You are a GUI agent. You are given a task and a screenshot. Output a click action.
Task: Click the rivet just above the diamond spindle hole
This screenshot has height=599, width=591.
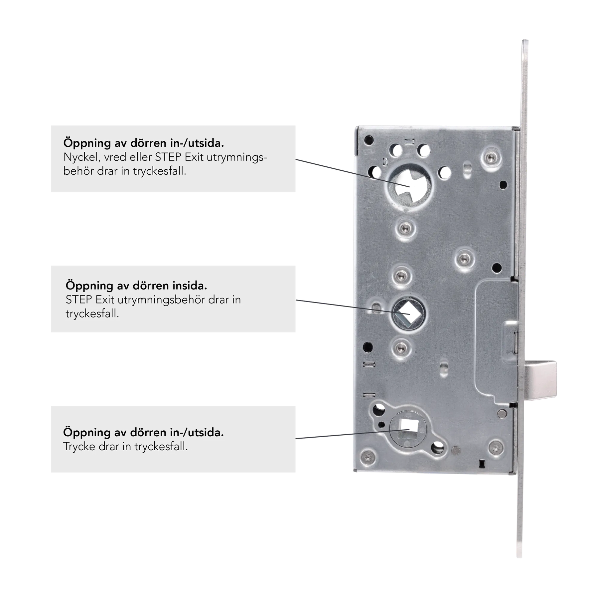[x=401, y=276]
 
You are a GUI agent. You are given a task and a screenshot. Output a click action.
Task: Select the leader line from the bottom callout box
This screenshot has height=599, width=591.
[x=353, y=434]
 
